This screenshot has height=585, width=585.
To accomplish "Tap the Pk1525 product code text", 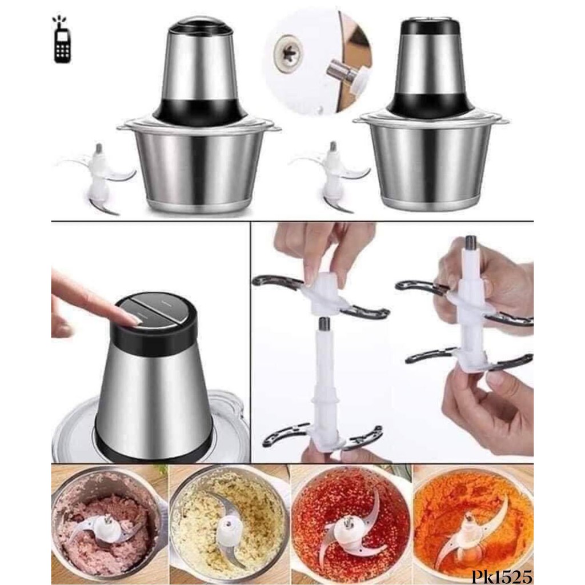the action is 502,576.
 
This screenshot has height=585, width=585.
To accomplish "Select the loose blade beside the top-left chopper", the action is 99,175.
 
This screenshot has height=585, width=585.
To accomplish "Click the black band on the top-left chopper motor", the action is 198,111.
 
